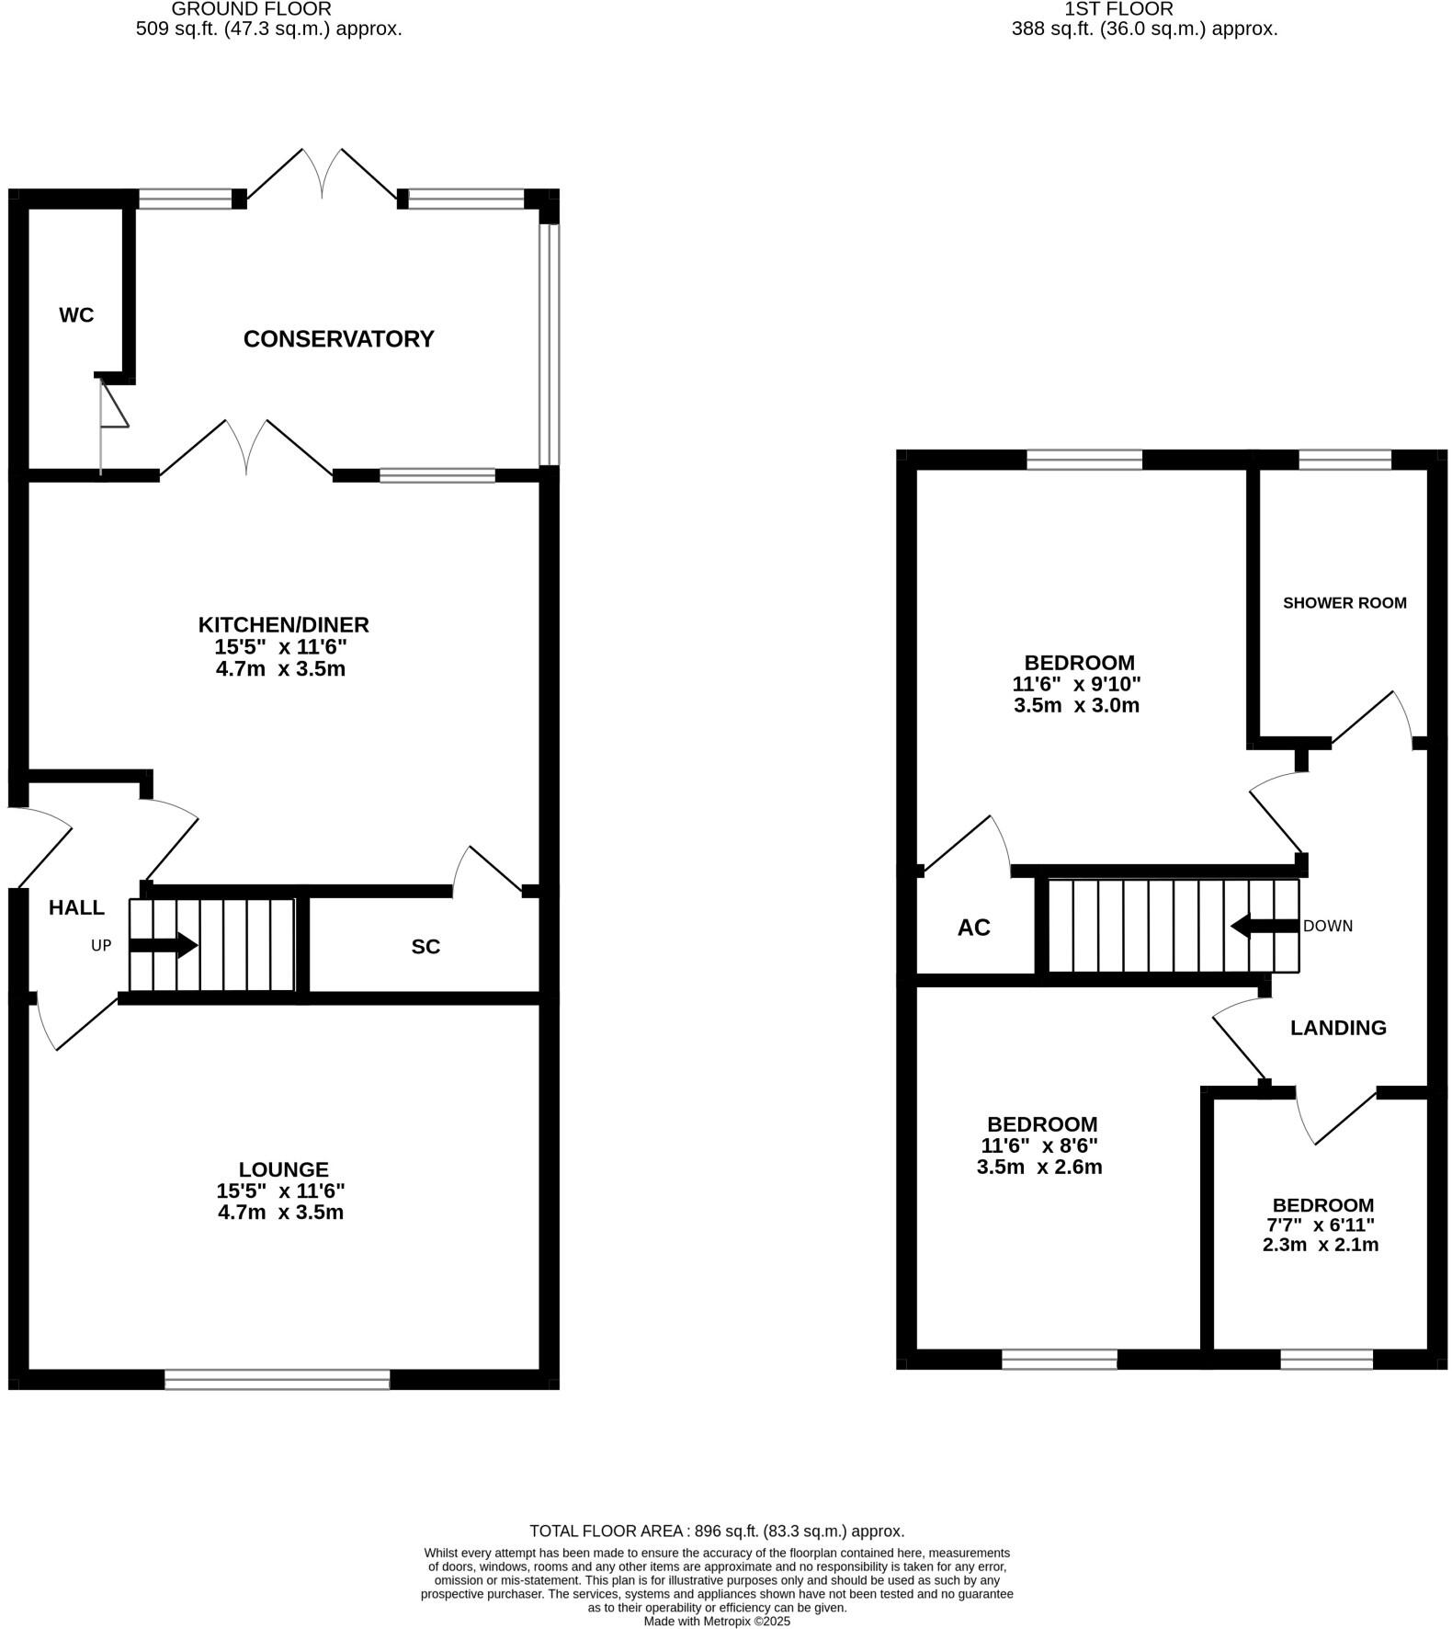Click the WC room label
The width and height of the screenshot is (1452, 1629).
76,315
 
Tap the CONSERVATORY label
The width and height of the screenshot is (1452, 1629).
338,339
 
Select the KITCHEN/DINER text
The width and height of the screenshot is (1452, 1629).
283,625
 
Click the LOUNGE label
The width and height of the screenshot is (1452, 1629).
283,1169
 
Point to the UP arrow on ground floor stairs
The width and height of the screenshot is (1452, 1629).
164,945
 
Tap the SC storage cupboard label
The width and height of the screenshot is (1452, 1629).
425,947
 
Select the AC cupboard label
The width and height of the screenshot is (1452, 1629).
973,928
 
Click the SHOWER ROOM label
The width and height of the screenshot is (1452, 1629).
1344,603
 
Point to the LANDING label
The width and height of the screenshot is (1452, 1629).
1337,1028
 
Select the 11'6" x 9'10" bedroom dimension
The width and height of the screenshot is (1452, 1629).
1076,684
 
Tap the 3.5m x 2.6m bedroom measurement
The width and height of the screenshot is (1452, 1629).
1038,1168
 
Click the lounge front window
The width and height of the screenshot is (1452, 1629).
277,1379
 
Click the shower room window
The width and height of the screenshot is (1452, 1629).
1344,460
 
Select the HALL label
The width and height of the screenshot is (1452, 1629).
76,908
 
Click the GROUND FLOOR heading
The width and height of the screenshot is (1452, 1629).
251,9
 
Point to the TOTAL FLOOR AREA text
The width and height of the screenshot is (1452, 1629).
717,1531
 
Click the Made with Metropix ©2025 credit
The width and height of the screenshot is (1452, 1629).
717,1621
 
